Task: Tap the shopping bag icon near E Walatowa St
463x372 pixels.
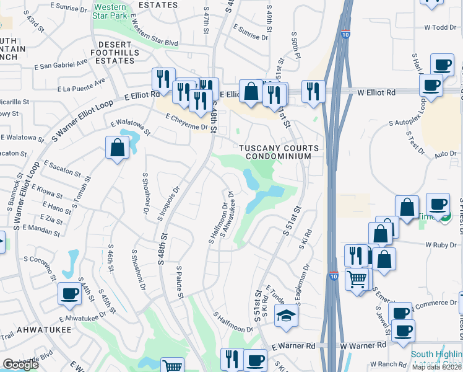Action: tap(117, 149)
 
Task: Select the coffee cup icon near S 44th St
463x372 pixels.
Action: tap(69, 294)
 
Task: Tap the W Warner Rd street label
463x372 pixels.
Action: tap(364, 345)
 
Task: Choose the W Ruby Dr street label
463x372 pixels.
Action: tap(440, 245)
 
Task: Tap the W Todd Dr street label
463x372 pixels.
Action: tap(440, 27)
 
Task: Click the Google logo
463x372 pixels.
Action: tap(21, 365)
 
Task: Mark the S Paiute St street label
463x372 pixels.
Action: tap(180, 282)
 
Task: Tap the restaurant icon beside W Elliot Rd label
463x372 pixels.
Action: tap(313, 91)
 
